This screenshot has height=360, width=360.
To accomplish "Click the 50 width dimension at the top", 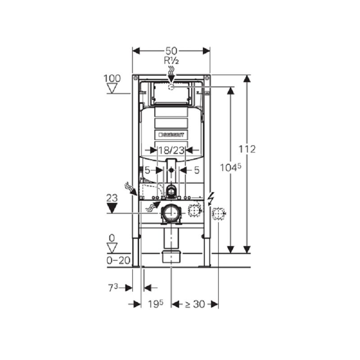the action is [x=171, y=51].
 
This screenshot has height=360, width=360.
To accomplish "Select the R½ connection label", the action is [x=171, y=61].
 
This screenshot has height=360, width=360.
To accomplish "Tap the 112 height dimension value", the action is [x=247, y=149].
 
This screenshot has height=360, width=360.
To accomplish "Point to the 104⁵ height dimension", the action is [x=231, y=167].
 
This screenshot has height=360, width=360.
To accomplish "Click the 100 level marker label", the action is [x=112, y=78].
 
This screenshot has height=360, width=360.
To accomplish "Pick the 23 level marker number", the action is [x=112, y=198].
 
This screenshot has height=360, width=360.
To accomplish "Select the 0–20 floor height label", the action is [x=118, y=261].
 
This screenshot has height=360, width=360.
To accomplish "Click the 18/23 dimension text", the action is [x=171, y=150].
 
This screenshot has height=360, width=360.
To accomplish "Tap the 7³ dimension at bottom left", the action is [x=113, y=288].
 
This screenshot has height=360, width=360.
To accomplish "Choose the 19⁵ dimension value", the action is [x=155, y=304].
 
